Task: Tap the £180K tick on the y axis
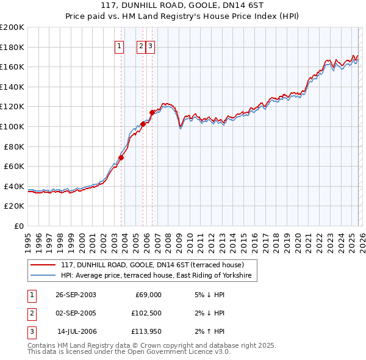pos(12,47)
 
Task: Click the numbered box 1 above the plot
pos(119,46)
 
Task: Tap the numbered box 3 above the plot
pos(151,46)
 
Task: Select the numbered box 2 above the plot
pos(141,46)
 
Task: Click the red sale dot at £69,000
pos(121,157)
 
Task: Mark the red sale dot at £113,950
pos(152,112)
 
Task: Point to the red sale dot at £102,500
pos(143,124)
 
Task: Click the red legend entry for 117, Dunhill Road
pos(152,265)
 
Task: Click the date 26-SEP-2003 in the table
pos(76,295)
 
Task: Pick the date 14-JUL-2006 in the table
pos(76,333)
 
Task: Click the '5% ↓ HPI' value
pos(210,295)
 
